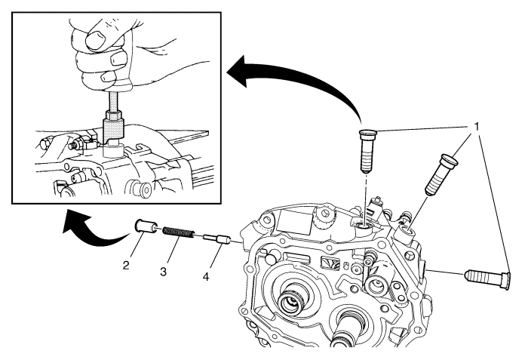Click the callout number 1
coord(477,127)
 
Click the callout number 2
coord(126,266)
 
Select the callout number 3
coord(164,272)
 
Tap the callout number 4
coord(206,277)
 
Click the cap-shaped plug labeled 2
coord(145,226)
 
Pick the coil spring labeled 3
coord(178,232)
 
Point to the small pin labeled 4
coord(216,240)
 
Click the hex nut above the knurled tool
coord(113,116)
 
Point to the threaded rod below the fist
coord(113,101)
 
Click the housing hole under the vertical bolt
coord(364,227)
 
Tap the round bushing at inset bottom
coord(142,189)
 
